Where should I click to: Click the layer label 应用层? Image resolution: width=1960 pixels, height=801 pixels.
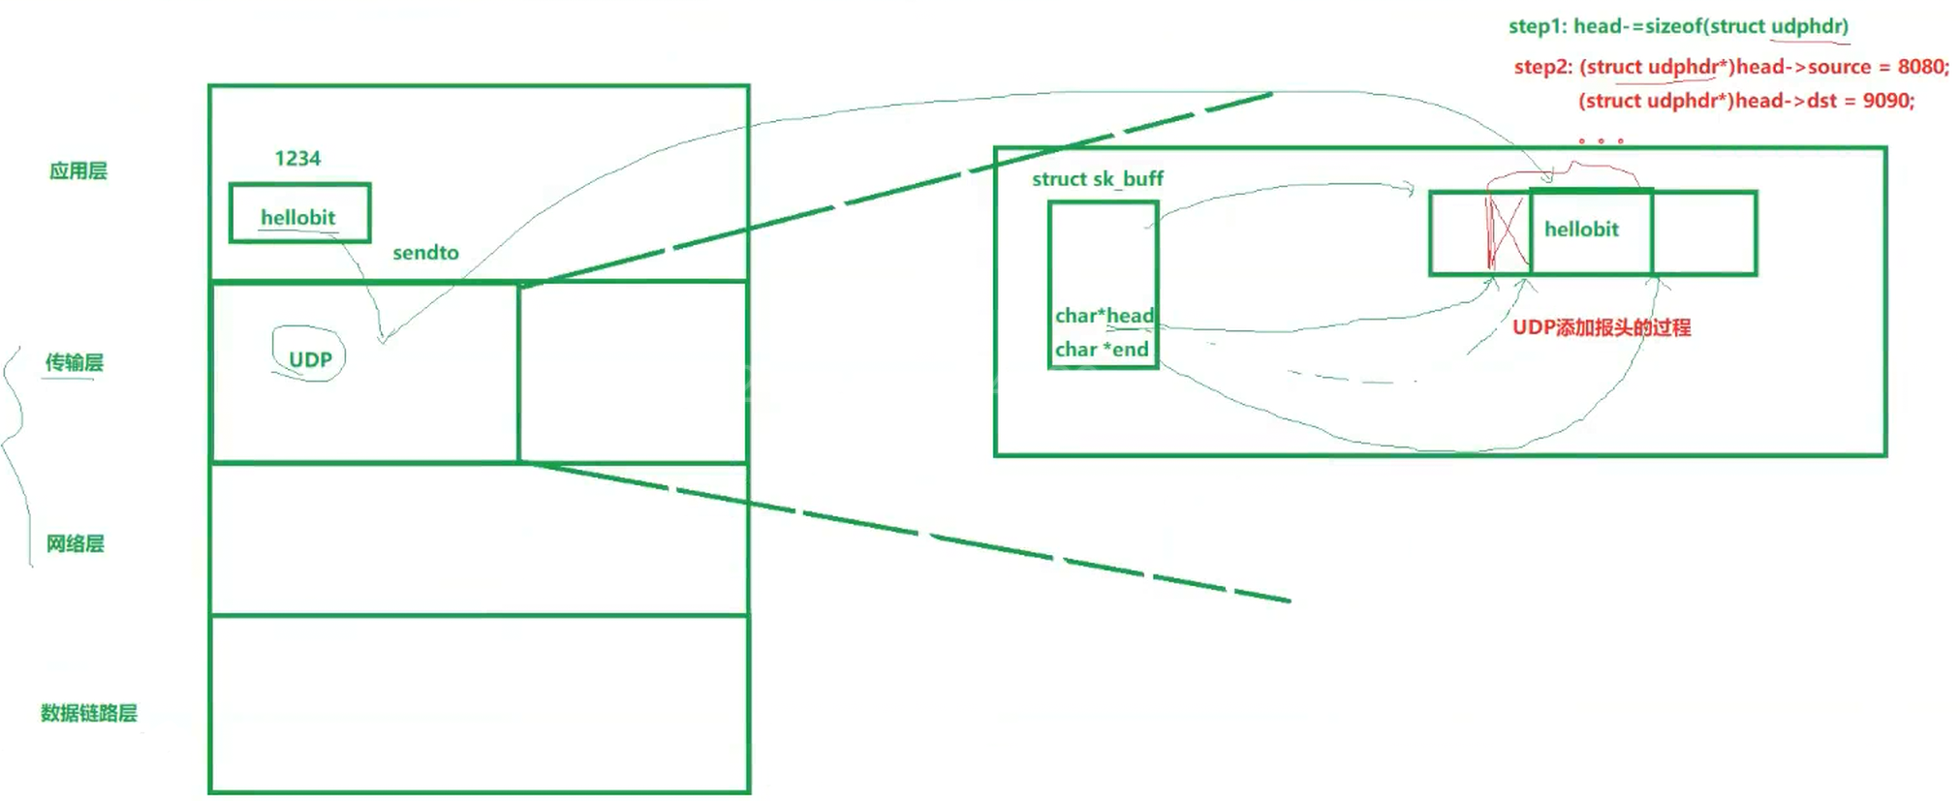78,171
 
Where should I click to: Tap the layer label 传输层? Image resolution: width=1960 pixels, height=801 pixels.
74,363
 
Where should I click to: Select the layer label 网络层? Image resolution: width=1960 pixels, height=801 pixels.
75,544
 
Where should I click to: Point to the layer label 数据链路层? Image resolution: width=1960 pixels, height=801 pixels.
88,714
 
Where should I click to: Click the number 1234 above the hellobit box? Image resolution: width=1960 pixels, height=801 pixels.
297,159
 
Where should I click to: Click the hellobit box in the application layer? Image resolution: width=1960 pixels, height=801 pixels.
299,213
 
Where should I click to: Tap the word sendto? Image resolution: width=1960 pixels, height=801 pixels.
425,253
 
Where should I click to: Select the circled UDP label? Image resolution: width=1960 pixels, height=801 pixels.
310,359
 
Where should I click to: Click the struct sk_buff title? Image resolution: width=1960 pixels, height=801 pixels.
1097,179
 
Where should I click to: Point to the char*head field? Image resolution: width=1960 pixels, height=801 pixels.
1104,316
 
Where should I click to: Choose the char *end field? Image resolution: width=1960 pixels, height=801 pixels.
1102,350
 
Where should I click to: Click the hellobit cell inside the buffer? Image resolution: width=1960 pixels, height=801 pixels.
1582,231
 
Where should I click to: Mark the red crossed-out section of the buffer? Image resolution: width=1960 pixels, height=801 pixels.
1508,232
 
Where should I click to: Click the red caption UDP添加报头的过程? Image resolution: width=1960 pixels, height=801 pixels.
1602,327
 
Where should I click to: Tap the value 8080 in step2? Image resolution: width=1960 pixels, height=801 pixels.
1920,67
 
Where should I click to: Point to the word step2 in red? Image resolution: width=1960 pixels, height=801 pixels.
1542,67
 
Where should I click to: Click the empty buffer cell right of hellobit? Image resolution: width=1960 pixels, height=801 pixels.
1704,232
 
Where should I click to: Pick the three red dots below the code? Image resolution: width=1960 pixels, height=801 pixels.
1601,141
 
